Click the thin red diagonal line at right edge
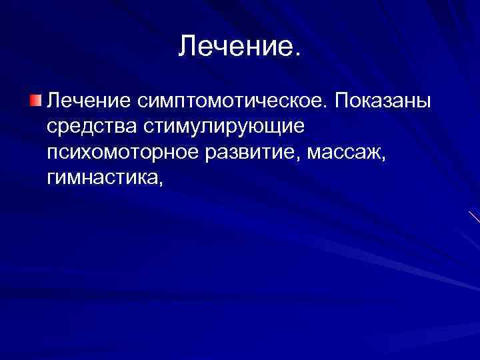click(x=474, y=217)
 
